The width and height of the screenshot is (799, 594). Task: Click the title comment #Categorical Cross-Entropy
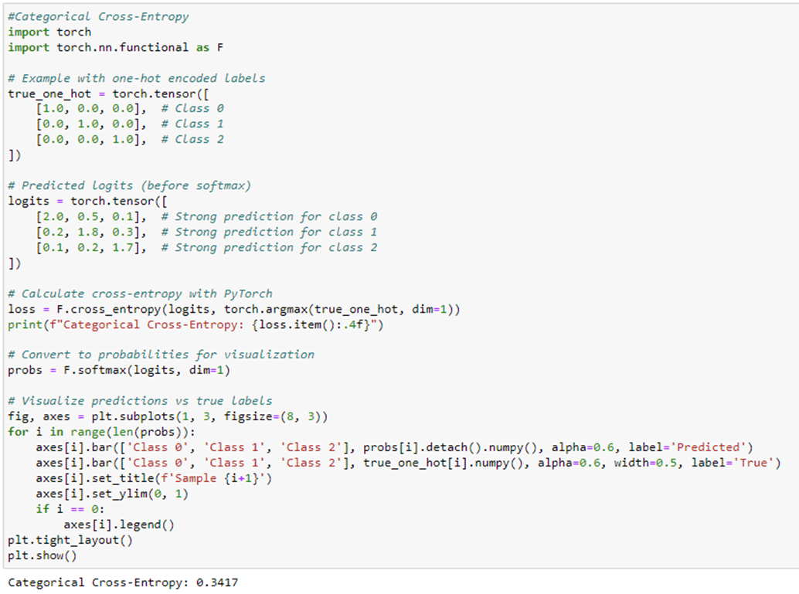click(x=98, y=16)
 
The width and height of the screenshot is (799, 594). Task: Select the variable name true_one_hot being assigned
click(x=49, y=93)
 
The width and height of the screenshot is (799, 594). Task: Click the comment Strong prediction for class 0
click(x=276, y=216)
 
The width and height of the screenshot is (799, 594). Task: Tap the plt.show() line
click(x=42, y=555)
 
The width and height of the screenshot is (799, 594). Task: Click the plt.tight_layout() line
click(x=70, y=540)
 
